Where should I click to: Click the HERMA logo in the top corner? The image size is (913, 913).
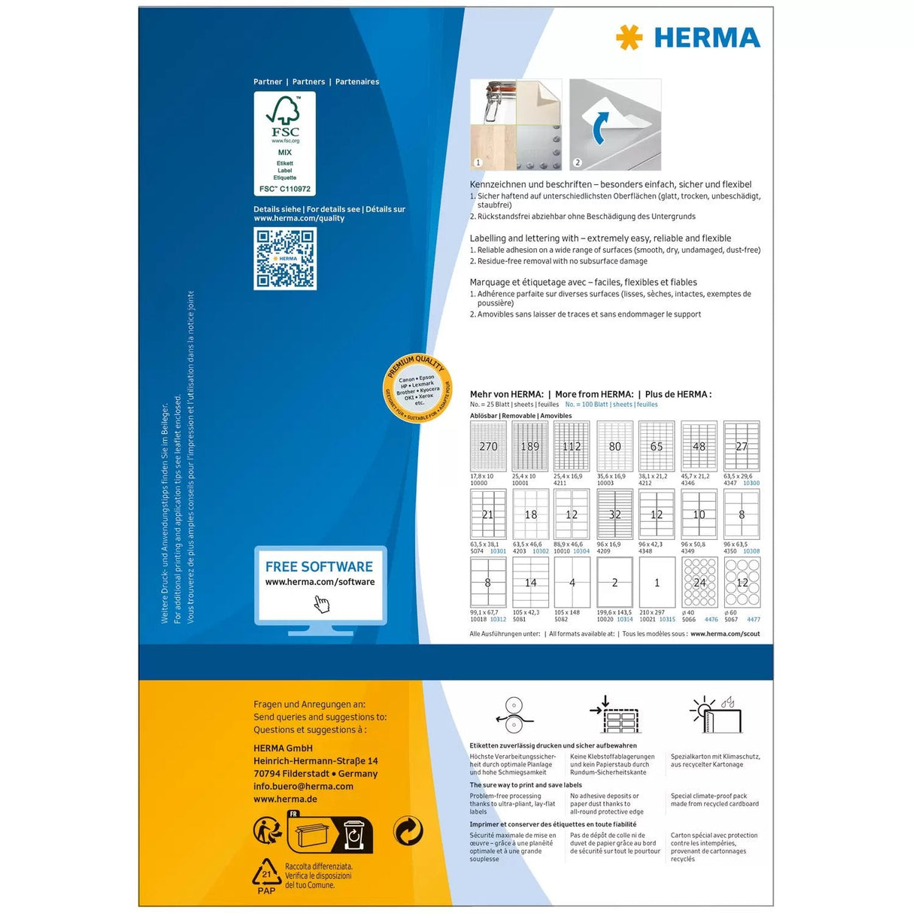pos(687,38)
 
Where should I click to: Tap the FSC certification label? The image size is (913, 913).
pos(284,143)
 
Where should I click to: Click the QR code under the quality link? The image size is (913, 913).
pos(285,259)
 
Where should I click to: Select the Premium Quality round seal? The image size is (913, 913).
pos(417,389)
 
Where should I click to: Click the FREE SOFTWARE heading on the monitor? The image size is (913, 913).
pos(319,567)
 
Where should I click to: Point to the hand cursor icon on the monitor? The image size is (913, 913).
pos(322,604)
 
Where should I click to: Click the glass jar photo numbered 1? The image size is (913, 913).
pos(515,124)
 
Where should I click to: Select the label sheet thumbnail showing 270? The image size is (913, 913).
pos(488,446)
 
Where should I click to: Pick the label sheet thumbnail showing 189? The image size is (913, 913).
pos(529,446)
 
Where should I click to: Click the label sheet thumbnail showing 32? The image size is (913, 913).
pos(614,514)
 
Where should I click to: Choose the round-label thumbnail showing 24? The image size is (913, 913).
pos(699,582)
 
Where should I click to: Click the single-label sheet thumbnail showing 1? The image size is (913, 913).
pos(657,582)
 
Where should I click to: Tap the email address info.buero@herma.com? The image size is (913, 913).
pos(303,787)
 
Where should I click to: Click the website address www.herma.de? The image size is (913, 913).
pos(285,799)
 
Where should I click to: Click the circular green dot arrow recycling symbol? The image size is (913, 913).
pos(408,831)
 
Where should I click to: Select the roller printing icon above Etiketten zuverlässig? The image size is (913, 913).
pos(514,714)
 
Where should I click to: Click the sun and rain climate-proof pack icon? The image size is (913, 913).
pos(716,714)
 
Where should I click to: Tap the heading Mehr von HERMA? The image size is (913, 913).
pos(506,394)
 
